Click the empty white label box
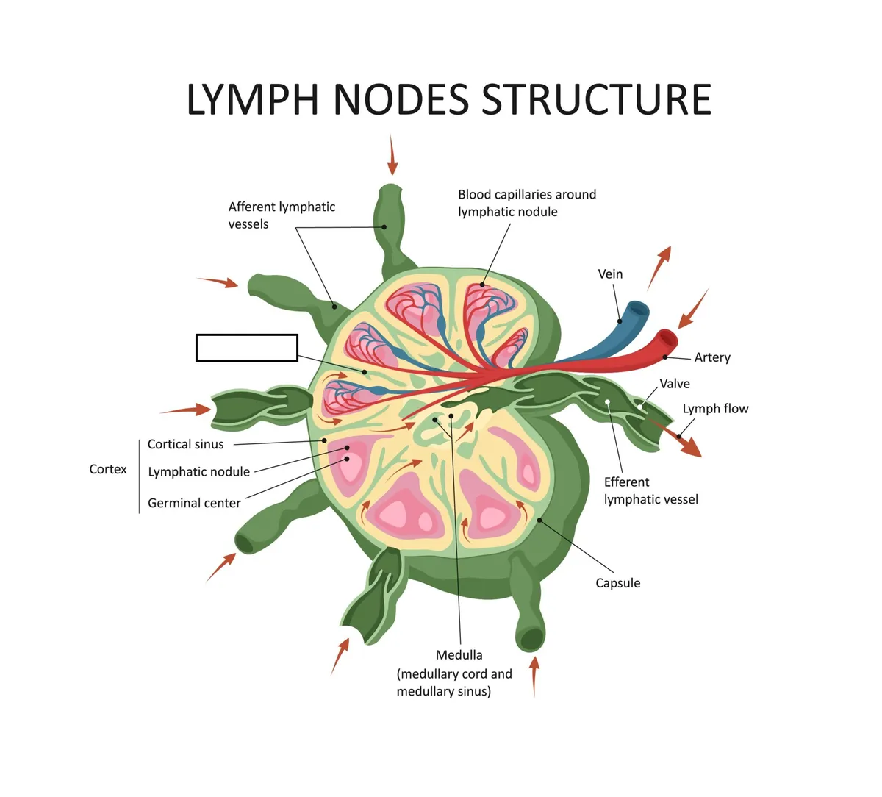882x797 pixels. click(x=247, y=348)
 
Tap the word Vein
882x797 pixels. click(x=610, y=274)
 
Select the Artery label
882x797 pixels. click(x=712, y=357)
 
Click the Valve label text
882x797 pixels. click(x=675, y=384)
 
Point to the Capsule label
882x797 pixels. click(x=617, y=583)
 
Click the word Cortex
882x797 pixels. click(x=108, y=469)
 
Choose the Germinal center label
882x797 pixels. click(x=194, y=503)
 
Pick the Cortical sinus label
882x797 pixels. click(x=185, y=444)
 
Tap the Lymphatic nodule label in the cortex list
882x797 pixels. click(x=198, y=472)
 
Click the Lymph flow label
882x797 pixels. click(x=715, y=409)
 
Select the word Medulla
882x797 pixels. click(x=459, y=655)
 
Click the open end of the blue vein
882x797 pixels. click(x=639, y=310)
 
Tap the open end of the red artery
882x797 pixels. click(x=668, y=338)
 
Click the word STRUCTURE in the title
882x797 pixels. click(x=597, y=99)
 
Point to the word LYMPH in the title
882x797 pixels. click(x=252, y=99)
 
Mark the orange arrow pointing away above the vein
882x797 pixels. click(x=659, y=268)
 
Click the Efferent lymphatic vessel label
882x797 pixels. click(x=650, y=491)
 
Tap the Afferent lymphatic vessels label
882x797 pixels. click(x=282, y=215)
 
